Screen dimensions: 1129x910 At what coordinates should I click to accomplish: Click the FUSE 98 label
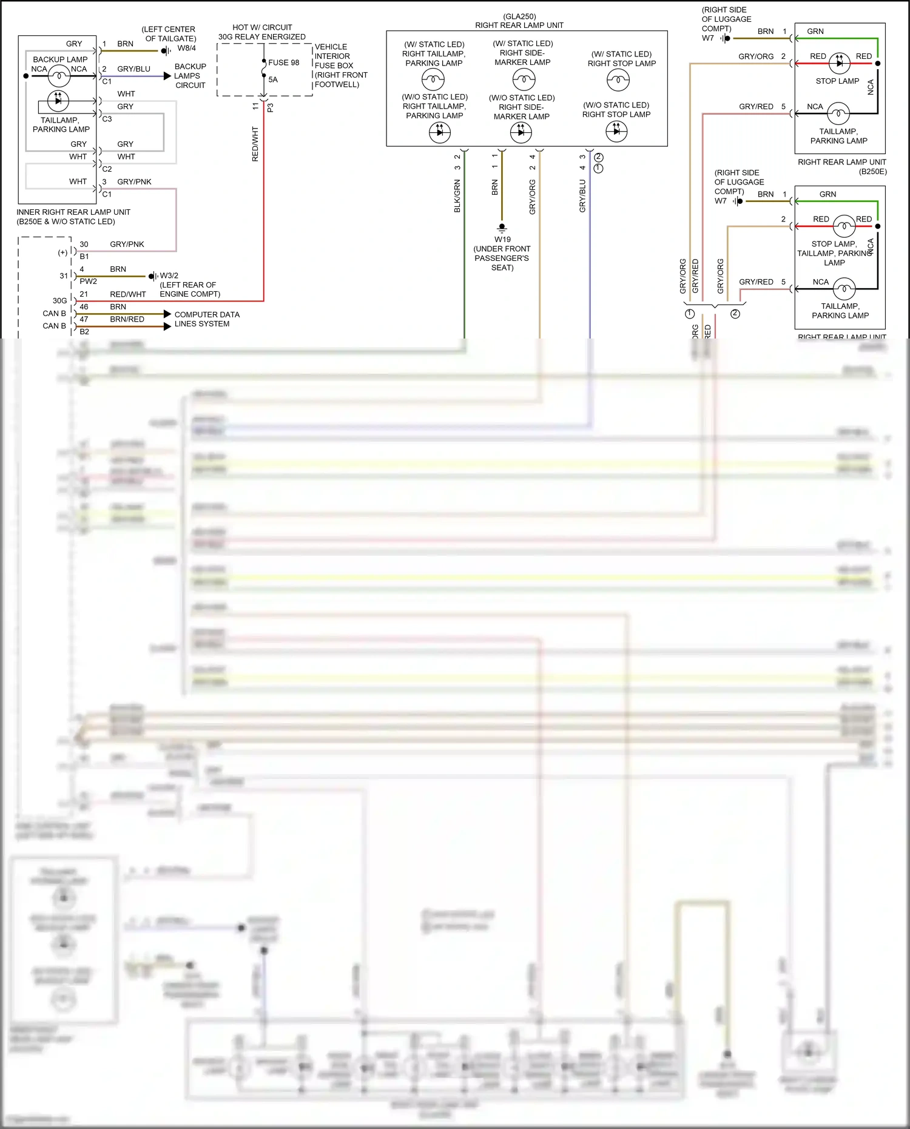pyautogui.click(x=283, y=62)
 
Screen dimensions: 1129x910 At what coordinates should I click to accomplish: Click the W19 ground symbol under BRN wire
pyautogui.click(x=502, y=228)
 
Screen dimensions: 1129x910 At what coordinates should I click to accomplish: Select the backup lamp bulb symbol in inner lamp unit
pyautogui.click(x=59, y=76)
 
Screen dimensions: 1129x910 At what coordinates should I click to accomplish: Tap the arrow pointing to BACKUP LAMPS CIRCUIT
pyautogui.click(x=167, y=76)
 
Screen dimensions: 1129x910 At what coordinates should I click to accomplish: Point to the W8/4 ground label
pyautogui.click(x=186, y=48)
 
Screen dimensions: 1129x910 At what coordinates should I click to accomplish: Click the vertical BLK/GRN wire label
pyautogui.click(x=457, y=196)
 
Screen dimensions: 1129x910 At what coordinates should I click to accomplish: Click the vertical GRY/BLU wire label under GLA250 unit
pyautogui.click(x=582, y=196)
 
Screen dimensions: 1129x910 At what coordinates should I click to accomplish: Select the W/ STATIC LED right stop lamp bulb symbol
pyautogui.click(x=618, y=79)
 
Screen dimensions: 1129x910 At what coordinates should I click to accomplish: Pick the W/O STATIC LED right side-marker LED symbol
pyautogui.click(x=521, y=132)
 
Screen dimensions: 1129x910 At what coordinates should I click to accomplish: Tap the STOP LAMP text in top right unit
pyautogui.click(x=837, y=81)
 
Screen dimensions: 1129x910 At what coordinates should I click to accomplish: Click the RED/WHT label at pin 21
pyautogui.click(x=128, y=294)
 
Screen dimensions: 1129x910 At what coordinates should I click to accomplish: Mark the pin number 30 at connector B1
pyautogui.click(x=84, y=244)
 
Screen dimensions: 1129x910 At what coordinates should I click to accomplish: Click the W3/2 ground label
pyautogui.click(x=169, y=275)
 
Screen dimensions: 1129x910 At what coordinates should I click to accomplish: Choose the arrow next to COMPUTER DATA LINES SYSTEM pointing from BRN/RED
pyautogui.click(x=167, y=326)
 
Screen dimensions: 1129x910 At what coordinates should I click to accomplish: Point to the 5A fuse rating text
pyautogui.click(x=273, y=79)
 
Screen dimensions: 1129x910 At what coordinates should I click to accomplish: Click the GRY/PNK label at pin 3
pyautogui.click(x=134, y=182)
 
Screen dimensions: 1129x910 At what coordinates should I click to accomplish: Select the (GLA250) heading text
pyautogui.click(x=519, y=16)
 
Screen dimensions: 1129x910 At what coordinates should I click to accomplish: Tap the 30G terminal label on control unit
pyautogui.click(x=59, y=301)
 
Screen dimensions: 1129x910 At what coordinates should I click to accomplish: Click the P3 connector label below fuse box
pyautogui.click(x=270, y=107)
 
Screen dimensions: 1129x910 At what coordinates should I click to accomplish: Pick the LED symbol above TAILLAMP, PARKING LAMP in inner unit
pyautogui.click(x=58, y=100)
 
